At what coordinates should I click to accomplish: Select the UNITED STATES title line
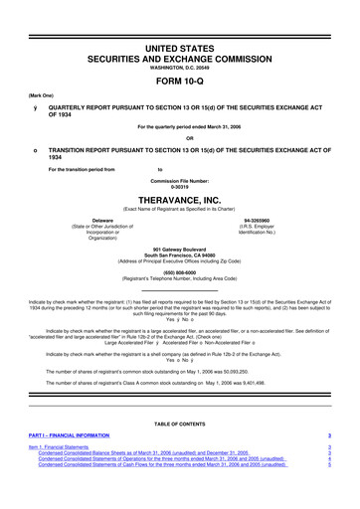(x=179, y=20)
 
